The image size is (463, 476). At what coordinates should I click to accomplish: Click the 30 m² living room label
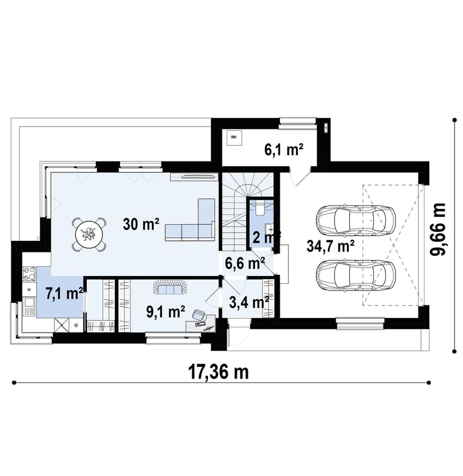click(x=141, y=225)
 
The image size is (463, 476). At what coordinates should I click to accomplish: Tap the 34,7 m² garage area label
click(x=330, y=246)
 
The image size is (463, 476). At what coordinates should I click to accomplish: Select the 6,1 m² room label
click(x=284, y=149)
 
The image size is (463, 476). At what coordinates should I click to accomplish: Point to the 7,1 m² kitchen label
click(x=65, y=294)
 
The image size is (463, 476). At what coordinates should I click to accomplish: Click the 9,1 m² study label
click(x=166, y=312)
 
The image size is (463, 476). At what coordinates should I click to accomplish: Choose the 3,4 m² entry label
click(x=249, y=302)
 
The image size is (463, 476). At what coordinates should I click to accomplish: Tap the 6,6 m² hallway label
click(x=245, y=263)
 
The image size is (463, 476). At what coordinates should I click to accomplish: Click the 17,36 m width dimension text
click(x=218, y=372)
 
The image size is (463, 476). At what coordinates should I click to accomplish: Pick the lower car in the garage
click(x=356, y=275)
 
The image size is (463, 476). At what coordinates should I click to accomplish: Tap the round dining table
click(x=89, y=234)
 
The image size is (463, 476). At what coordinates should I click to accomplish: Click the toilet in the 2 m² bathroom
click(x=260, y=208)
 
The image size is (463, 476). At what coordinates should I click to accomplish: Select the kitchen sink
click(x=30, y=307)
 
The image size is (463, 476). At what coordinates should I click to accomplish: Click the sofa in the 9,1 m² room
click(x=170, y=287)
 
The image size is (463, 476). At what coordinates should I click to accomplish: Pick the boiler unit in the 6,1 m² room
click(x=234, y=137)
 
